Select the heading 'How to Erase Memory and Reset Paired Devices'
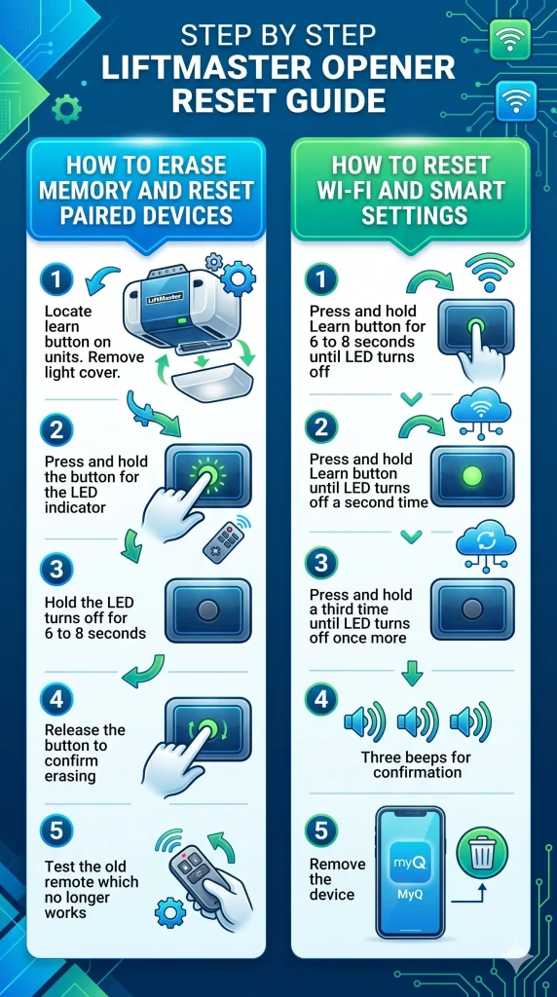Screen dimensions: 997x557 click(145, 189)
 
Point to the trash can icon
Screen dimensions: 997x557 click(482, 857)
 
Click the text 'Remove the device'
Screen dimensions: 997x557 click(337, 879)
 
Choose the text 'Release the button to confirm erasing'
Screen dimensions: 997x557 click(85, 754)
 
